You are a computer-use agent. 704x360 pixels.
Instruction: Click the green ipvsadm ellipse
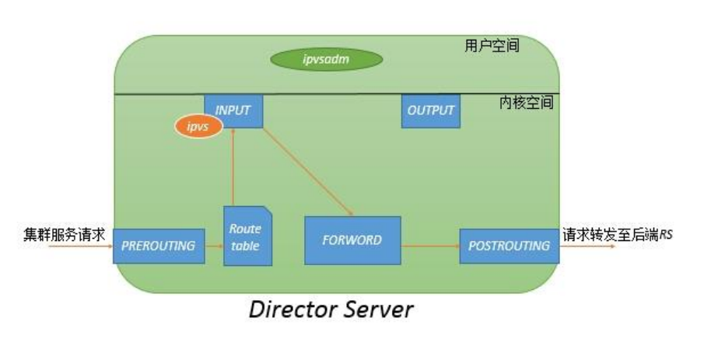[326, 59]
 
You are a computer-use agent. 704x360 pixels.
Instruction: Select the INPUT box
[233, 110]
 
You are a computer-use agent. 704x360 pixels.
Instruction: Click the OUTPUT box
[430, 110]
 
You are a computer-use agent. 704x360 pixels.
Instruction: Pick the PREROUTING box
[159, 246]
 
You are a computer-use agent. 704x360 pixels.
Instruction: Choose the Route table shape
[245, 236]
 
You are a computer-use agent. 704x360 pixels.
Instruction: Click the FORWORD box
[352, 240]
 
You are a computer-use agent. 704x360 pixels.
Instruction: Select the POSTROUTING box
[509, 246]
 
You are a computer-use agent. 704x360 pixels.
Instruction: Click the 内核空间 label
[526, 103]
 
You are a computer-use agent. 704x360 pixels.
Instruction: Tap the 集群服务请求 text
[64, 233]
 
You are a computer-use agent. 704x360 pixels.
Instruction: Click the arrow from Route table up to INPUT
[232, 167]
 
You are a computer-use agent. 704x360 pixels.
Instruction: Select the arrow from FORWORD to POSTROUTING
[429, 246]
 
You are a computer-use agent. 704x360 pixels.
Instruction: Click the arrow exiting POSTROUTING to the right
[587, 246]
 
